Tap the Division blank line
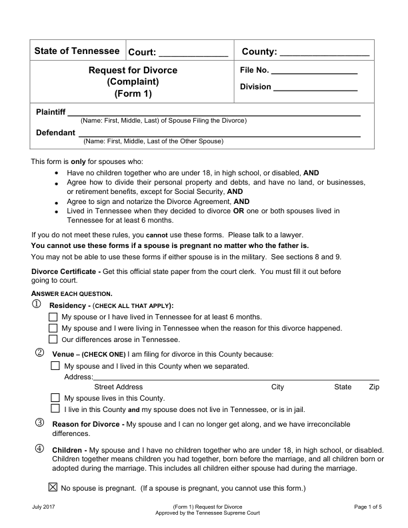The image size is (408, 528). pos(315,89)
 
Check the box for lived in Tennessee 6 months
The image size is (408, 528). pos(53,317)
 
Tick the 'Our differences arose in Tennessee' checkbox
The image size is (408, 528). pos(53,339)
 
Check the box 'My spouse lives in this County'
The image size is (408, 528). pos(56,397)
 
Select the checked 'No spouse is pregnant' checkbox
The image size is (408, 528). pos(53,488)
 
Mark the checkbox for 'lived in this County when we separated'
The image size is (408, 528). pos(56,366)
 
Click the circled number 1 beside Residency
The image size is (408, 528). pos(36,305)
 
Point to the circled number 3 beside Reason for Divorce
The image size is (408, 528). pos(39,423)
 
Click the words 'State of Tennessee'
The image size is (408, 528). pos(77,51)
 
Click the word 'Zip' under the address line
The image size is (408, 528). pos(373,387)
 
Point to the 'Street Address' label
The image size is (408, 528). pos(119,387)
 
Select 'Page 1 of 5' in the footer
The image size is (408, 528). pos(369,508)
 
